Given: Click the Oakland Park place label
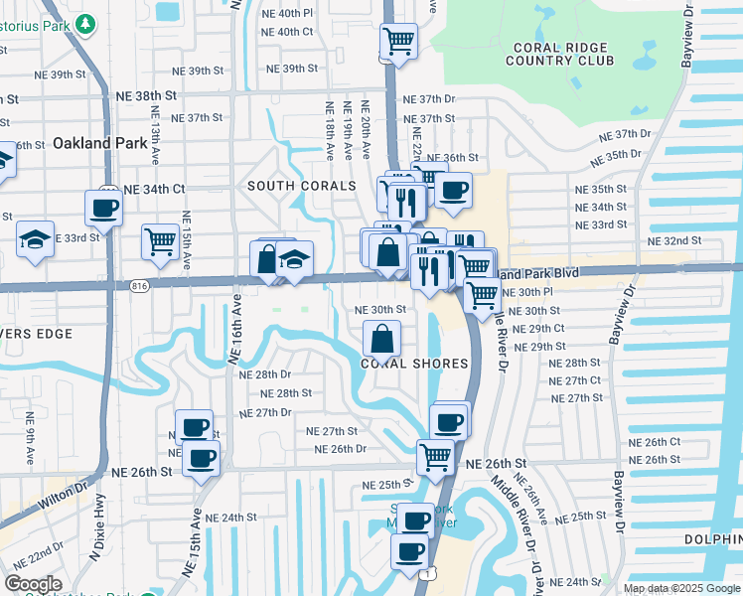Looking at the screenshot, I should [99, 143].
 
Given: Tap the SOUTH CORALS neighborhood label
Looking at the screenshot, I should [301, 186].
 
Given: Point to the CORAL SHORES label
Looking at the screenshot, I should [413, 364].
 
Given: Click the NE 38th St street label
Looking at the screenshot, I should [146, 95].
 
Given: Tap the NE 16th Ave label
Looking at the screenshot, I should [237, 335].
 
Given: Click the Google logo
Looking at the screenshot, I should [34, 583].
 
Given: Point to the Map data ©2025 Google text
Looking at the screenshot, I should [680, 588].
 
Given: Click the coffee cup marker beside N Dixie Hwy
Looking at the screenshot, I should [103, 209].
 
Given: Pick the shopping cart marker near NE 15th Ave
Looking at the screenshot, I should [160, 241].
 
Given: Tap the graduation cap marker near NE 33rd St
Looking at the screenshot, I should [35, 239].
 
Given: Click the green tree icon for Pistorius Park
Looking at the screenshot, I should [86, 22].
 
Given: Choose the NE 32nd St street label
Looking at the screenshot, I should [674, 241].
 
